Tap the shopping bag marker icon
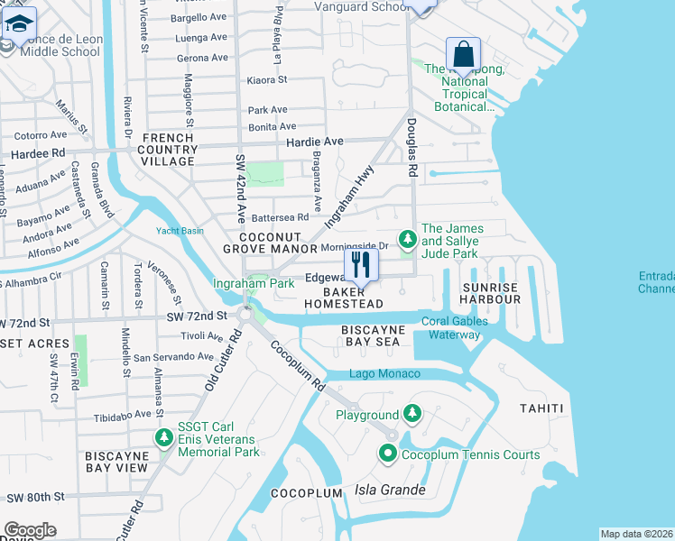[x=463, y=54]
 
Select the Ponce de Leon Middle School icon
[x=19, y=25]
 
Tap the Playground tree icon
[x=412, y=414]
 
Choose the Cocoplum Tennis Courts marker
[x=388, y=454]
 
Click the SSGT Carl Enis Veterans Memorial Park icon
[x=164, y=438]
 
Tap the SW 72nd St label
[x=196, y=316]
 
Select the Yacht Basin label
[x=180, y=230]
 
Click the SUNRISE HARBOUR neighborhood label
[x=490, y=293]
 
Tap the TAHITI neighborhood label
[x=541, y=408]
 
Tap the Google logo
[x=30, y=529]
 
